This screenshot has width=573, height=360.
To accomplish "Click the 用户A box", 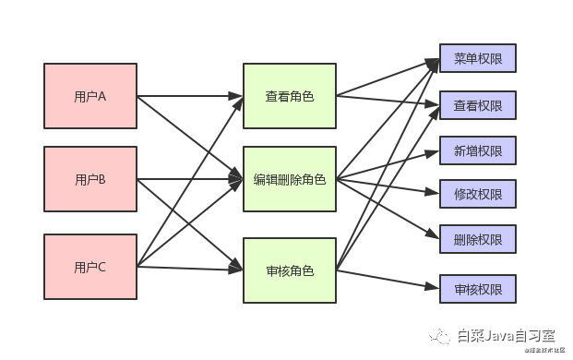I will click(x=90, y=95).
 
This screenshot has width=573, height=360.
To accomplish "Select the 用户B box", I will click(x=90, y=180).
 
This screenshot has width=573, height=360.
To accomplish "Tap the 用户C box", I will click(x=90, y=268).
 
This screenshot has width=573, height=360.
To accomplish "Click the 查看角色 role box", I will click(x=289, y=95).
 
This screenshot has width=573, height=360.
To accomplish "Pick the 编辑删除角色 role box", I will click(x=289, y=180).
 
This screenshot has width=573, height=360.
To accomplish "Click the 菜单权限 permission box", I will click(x=478, y=59).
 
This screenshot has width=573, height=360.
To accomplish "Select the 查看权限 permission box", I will click(x=478, y=105).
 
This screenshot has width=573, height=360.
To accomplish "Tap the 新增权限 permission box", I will click(x=478, y=150).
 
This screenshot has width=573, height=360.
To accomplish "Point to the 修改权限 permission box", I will click(x=478, y=194).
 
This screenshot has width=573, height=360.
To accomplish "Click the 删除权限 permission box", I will click(x=478, y=239).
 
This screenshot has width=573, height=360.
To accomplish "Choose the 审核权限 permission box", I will click(x=478, y=289).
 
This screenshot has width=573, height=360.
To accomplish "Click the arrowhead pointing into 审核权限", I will click(x=434, y=288).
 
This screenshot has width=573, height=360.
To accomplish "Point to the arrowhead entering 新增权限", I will click(x=434, y=150).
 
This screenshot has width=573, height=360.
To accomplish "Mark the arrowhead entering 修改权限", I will click(x=434, y=194).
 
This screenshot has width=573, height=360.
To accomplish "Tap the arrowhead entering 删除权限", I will click(x=434, y=237).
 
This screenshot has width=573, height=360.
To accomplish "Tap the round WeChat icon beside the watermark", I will click(x=445, y=335).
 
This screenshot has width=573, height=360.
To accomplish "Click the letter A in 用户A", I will click(x=102, y=95).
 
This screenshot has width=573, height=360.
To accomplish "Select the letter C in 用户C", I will click(x=102, y=268).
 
